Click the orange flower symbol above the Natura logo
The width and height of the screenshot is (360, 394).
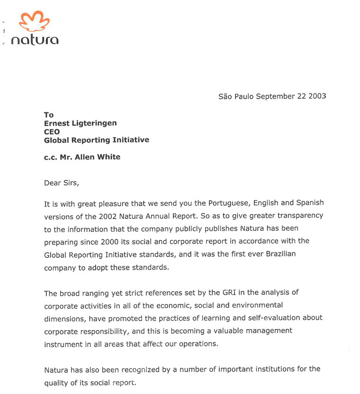pos(34,22)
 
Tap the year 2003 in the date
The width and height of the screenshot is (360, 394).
pos(316,96)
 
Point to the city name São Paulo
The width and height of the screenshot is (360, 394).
pos(236,96)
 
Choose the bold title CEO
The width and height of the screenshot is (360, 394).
pos(52,132)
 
